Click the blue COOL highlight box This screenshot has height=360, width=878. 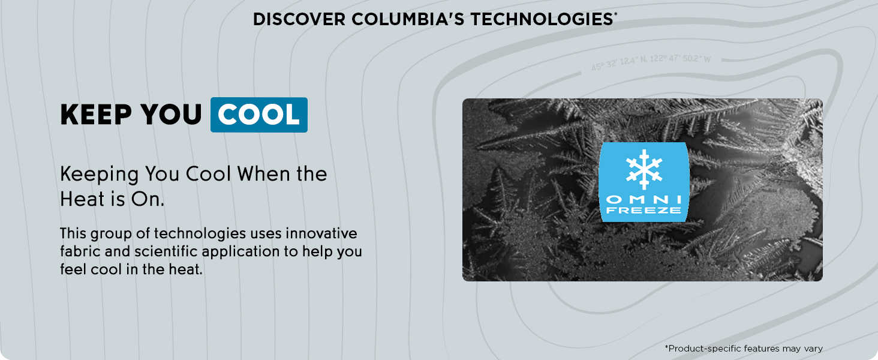click(258, 115)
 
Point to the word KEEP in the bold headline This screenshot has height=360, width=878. click(96, 115)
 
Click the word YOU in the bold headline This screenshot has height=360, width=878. click(171, 115)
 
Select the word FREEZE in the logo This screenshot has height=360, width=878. click(644, 211)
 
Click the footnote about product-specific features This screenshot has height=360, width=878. click(743, 348)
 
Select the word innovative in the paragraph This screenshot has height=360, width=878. click(321, 233)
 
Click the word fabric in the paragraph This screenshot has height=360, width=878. click(76, 251)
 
